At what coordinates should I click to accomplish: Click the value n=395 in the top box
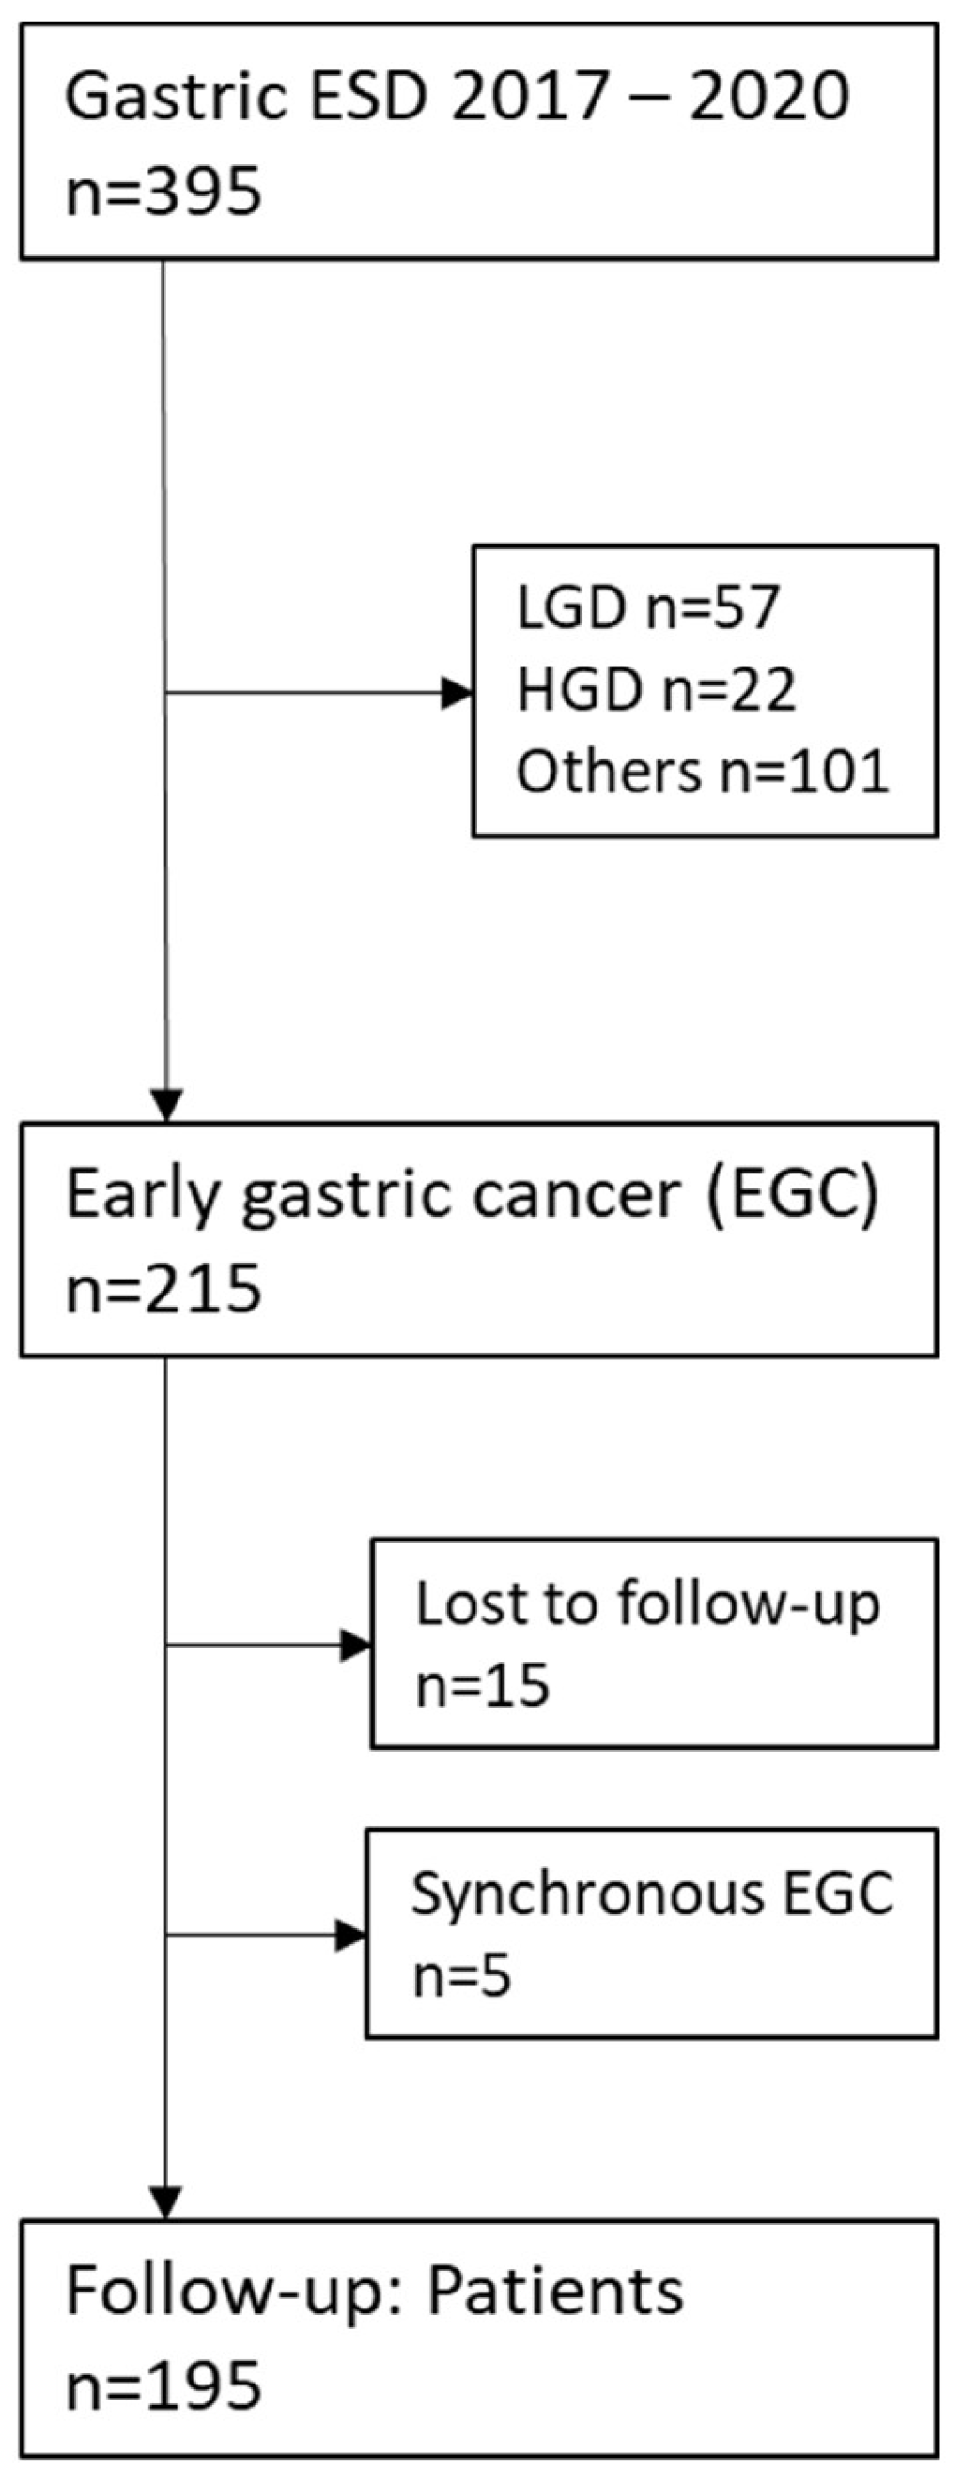(x=163, y=191)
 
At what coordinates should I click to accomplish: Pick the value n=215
(x=163, y=1289)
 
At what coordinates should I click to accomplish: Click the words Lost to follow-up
(x=647, y=1605)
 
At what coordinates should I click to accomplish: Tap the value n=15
(x=482, y=1687)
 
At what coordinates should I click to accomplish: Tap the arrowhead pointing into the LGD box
(x=458, y=693)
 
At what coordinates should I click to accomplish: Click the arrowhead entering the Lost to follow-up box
(x=356, y=1645)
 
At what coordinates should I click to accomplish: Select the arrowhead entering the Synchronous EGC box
(x=350, y=1935)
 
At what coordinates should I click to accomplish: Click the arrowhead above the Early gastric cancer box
(x=166, y=1105)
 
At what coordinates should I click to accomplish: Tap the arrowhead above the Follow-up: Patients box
(x=166, y=2203)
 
